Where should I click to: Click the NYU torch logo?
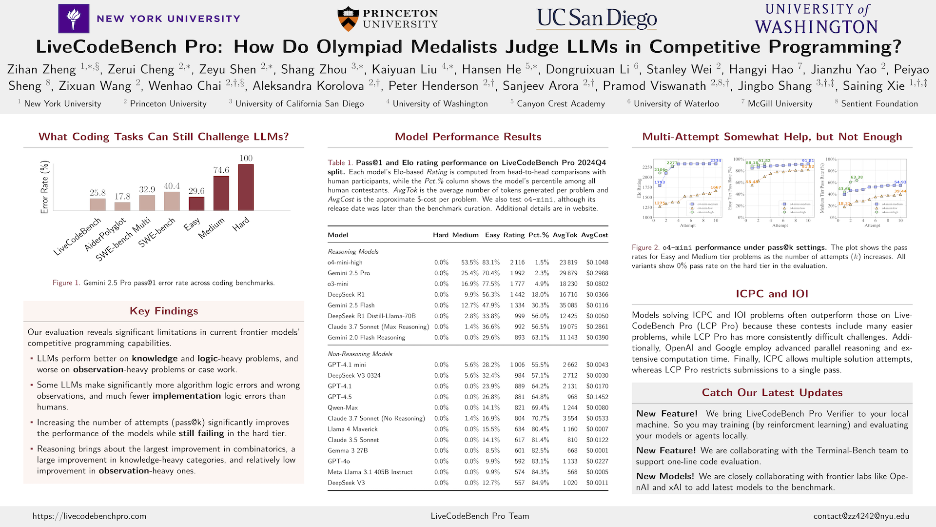tap(74, 19)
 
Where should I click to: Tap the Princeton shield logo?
tap(348, 19)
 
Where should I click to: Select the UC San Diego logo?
tap(597, 18)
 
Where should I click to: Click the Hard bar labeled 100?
tap(246, 187)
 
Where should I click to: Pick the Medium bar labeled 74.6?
tap(221, 193)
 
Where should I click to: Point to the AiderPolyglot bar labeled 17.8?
tap(122, 206)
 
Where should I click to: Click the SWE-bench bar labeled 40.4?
tap(172, 201)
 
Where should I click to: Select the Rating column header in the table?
tap(514, 235)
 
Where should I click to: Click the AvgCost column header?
tap(594, 235)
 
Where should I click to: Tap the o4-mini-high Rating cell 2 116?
tap(517, 263)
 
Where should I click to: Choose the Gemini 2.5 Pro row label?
tap(349, 273)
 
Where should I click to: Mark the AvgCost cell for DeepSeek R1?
tap(597, 295)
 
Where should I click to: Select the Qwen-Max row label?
tap(343, 407)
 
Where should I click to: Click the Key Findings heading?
tap(164, 311)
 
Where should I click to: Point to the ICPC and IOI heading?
tap(772, 294)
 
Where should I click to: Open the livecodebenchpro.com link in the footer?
tap(89, 516)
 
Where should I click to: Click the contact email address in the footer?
tap(861, 516)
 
